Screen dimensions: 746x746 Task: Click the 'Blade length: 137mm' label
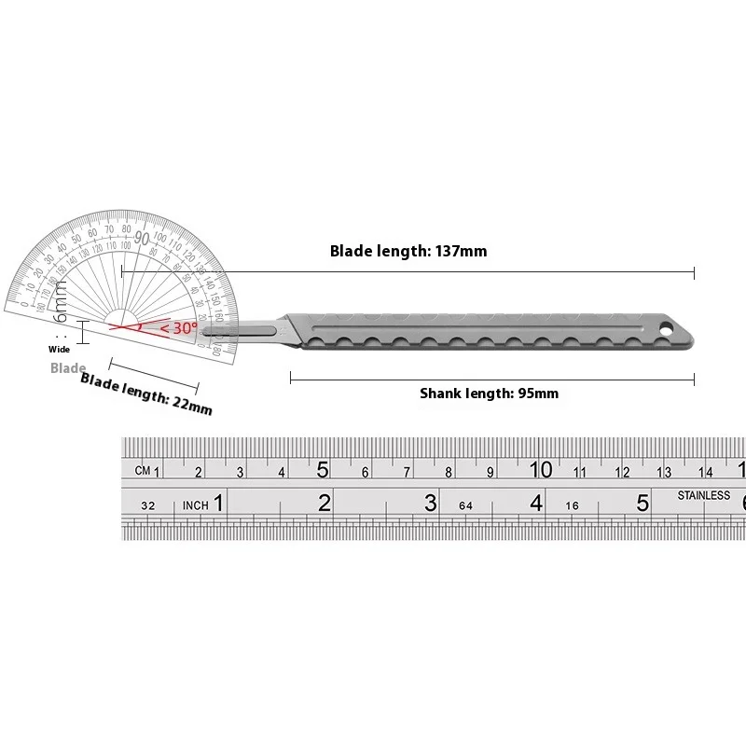coord(408,251)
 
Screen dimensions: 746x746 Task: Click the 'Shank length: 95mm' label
coord(489,394)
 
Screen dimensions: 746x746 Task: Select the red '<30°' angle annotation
coord(177,328)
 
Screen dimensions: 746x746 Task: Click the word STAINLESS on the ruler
coord(704,495)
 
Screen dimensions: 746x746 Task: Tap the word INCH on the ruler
coord(195,505)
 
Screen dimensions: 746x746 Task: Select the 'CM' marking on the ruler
coord(142,471)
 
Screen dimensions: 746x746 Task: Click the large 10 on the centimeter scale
coord(541,468)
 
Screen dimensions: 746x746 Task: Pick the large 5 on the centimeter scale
coord(323,468)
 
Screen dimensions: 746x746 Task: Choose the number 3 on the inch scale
coord(430,504)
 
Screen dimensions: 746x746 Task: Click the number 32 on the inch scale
coord(147,505)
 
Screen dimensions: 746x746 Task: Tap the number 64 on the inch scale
coord(467,505)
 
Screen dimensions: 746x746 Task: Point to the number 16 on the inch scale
coord(572,505)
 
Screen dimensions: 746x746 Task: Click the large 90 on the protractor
coord(142,237)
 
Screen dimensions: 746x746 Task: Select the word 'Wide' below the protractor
coord(60,349)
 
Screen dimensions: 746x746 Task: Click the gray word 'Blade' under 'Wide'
coord(68,368)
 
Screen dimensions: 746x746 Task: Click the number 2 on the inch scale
coord(324,504)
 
